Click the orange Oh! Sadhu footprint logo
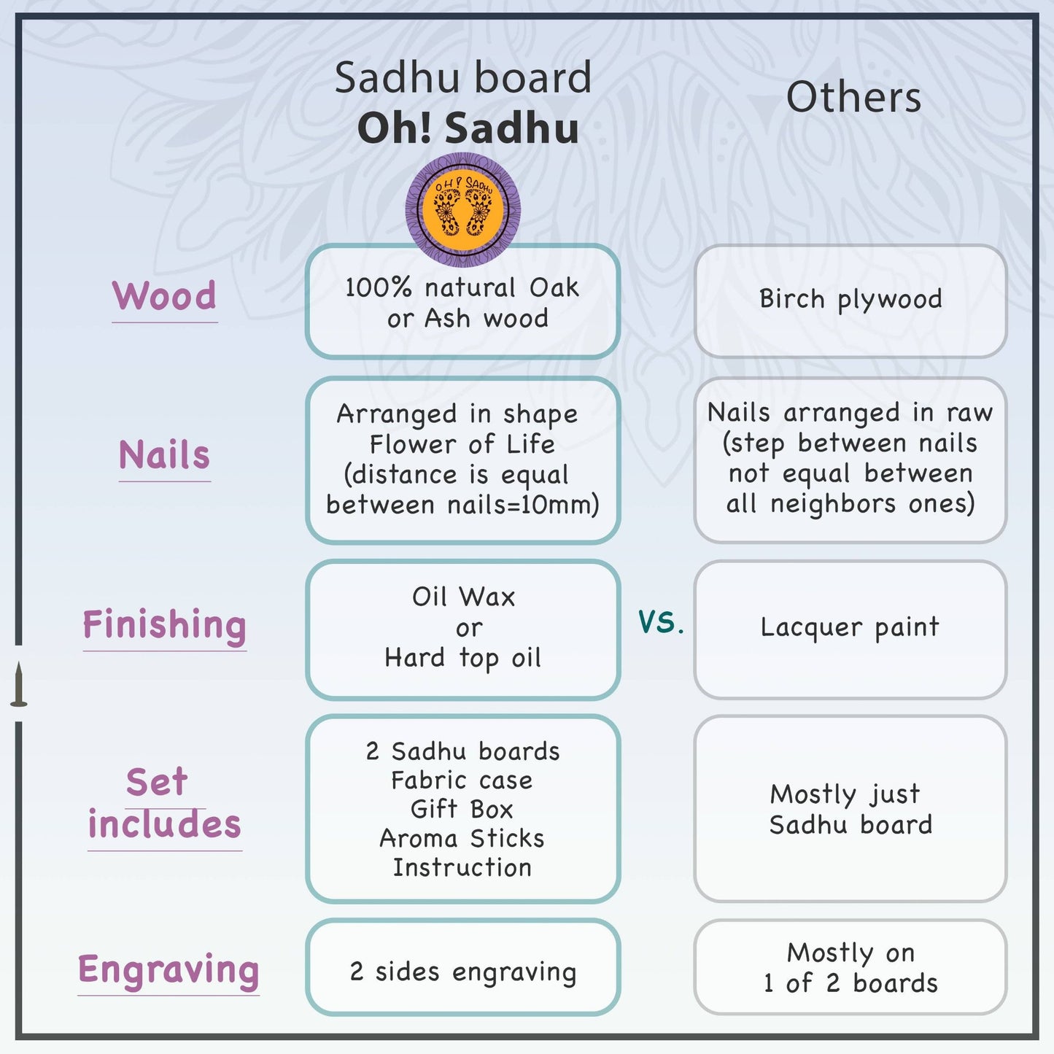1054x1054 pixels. point(462,209)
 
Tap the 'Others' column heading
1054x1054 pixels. point(853,97)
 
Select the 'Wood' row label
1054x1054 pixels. point(165,296)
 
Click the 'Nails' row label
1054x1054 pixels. point(165,455)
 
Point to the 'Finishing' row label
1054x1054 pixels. point(165,625)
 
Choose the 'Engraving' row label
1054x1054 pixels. point(168,970)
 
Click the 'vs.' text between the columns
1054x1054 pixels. point(661,621)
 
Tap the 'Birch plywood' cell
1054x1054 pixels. point(850,299)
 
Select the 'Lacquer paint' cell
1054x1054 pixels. point(850,627)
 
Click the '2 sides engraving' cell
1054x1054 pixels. point(463,972)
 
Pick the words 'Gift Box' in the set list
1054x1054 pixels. point(462,809)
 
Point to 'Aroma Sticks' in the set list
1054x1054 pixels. point(462,838)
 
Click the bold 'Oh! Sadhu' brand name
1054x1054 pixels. point(468,128)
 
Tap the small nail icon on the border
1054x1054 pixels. point(19,684)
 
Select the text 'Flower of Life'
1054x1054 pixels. point(462,443)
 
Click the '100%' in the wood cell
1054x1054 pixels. point(379,287)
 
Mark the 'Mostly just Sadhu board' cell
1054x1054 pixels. point(850,809)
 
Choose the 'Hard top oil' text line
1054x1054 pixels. point(463,658)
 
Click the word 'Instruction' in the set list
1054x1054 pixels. point(462,867)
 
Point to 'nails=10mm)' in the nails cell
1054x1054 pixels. point(523,504)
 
